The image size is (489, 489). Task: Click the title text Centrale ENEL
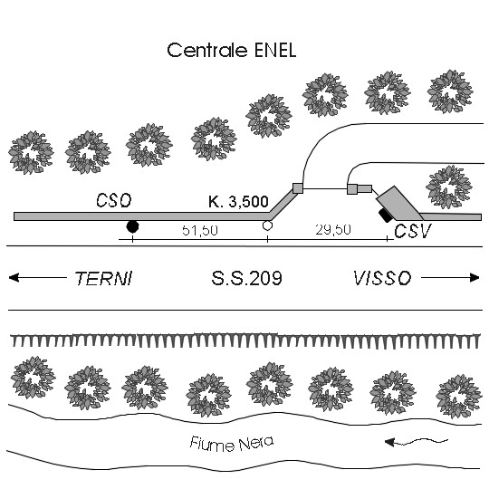[232, 50]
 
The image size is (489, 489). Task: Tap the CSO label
[114, 200]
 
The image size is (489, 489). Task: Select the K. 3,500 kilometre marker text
[238, 201]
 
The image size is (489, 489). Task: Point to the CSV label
[413, 231]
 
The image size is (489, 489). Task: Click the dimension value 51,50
[200, 230]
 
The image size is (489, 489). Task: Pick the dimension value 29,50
[333, 229]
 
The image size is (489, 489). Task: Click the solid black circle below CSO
[132, 226]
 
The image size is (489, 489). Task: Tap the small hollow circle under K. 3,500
[267, 225]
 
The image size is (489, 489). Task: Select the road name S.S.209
[246, 278]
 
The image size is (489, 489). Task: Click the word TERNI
[104, 278]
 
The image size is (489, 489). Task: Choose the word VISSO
[382, 278]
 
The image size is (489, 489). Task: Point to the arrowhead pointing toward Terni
[14, 278]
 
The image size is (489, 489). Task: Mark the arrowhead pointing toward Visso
[475, 278]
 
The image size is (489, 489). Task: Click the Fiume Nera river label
[232, 444]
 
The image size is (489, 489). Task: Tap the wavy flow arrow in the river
[417, 442]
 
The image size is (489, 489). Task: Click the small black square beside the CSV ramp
[385, 216]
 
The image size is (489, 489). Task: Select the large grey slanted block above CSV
[399, 204]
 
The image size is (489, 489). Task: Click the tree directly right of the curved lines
[449, 187]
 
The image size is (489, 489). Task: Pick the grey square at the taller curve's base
[298, 188]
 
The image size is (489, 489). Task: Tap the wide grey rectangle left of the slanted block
[364, 188]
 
